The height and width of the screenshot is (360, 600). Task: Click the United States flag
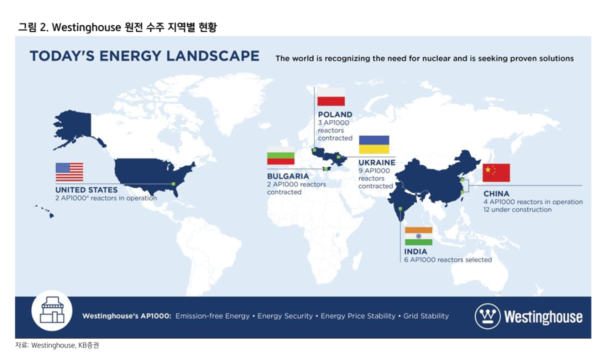69,172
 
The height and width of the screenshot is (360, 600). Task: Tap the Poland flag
331,97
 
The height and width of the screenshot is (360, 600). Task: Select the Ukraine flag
374,144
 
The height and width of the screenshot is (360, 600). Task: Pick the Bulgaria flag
280,155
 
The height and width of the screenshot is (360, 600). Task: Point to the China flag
496,173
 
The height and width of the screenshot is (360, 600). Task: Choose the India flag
418,236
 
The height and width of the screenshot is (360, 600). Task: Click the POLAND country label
335,114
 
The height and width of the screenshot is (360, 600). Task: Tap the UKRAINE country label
377,162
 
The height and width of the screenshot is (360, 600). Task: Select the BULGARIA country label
288,176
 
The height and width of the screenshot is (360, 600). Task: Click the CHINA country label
496,193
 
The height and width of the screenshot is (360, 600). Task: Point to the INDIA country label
415,251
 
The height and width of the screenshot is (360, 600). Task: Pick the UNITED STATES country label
86,190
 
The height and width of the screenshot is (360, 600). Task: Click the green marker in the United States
173,184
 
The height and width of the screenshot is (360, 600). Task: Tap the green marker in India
400,208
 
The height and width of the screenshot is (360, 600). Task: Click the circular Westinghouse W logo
487,316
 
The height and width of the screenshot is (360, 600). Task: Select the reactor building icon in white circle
52,310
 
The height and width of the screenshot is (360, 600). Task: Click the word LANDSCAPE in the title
213,56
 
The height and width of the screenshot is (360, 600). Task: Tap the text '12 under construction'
517,209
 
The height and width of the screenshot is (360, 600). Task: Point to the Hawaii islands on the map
44,211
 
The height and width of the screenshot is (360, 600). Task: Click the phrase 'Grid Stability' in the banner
426,316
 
